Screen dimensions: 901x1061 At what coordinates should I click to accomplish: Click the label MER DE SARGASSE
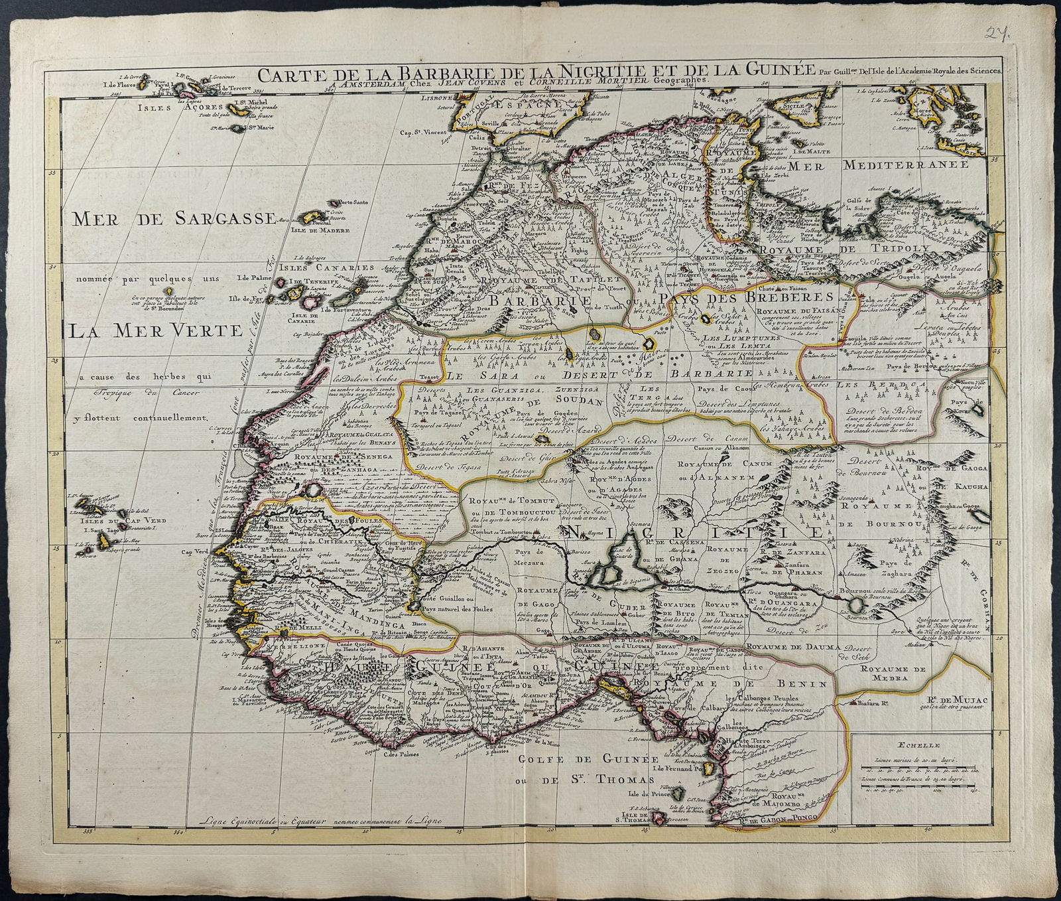click(174, 218)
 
